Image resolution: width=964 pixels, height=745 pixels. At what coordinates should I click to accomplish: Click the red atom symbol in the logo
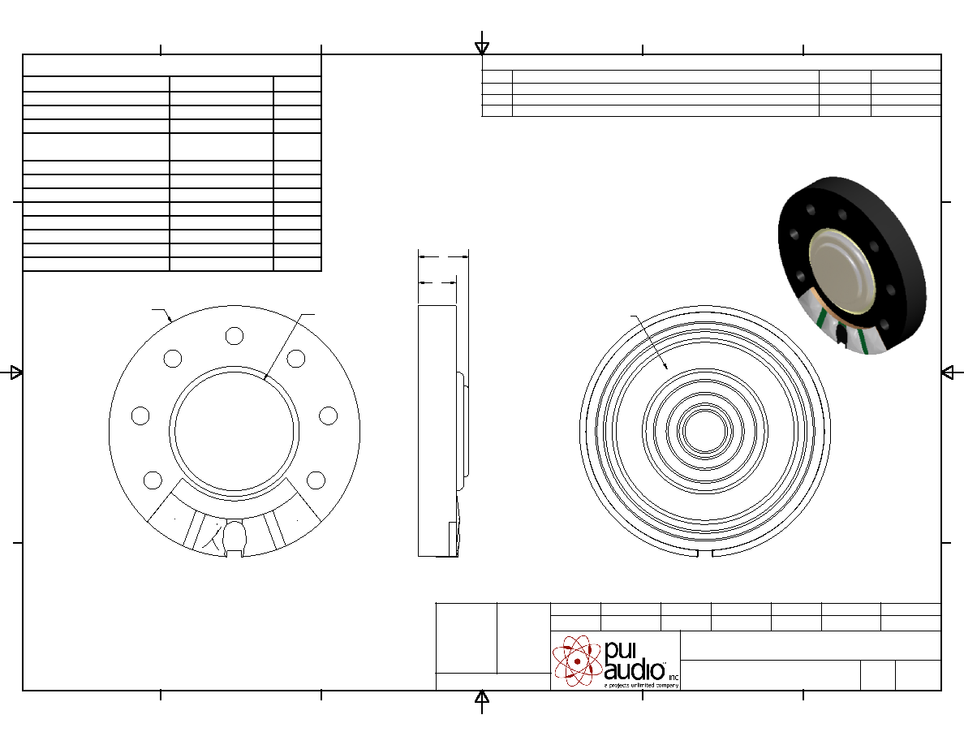point(577,661)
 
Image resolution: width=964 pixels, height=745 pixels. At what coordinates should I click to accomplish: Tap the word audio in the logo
point(635,670)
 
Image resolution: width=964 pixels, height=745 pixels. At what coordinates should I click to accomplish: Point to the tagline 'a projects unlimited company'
point(641,685)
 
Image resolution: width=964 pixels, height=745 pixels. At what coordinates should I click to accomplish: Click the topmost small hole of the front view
point(235,336)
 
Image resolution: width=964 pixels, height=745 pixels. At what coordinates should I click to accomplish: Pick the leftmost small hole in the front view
point(140,416)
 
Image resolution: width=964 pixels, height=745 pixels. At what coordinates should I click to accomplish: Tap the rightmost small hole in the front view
point(329,416)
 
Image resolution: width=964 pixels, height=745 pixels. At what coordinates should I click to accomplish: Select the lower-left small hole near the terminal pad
point(153,480)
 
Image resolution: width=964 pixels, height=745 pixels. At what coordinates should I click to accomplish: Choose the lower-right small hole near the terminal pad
point(316,480)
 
